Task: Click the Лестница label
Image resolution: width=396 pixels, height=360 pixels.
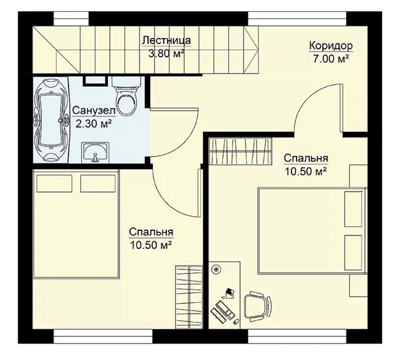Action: coord(167,40)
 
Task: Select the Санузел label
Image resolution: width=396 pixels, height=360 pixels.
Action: coord(94,110)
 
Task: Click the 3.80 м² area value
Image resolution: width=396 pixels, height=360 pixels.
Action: coord(166,54)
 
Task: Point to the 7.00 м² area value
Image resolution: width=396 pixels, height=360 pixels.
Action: coord(331,59)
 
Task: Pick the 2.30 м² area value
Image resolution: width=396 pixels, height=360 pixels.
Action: coord(94,124)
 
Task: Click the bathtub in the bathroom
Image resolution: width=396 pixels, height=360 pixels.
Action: coord(51,120)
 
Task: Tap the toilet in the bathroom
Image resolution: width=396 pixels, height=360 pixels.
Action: coord(126,96)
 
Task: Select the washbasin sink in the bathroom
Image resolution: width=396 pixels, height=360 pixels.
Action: coord(95,152)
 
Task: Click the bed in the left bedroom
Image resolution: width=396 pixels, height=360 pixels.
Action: coord(76,224)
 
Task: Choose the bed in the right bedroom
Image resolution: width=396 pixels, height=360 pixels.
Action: coord(312,230)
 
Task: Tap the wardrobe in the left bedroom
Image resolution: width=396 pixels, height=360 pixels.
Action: coord(189,297)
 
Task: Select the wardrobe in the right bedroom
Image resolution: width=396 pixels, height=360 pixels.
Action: coord(240,151)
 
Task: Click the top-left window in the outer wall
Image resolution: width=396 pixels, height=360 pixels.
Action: coord(71,19)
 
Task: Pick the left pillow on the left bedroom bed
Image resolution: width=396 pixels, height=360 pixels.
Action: coord(54,183)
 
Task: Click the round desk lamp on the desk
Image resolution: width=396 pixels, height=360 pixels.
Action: coord(216,269)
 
